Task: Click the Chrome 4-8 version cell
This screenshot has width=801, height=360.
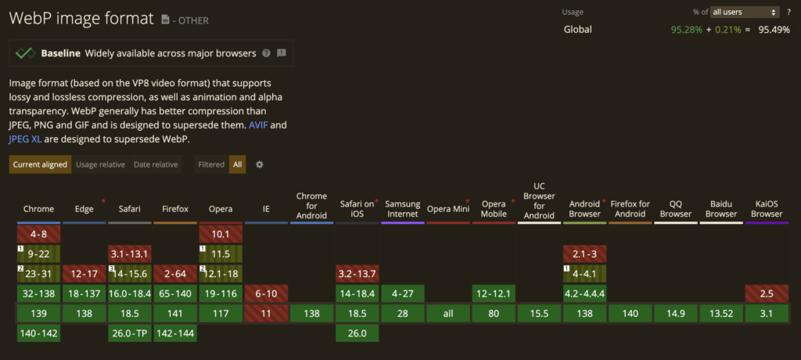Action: [x=38, y=234]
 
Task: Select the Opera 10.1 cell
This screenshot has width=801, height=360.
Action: [x=220, y=234]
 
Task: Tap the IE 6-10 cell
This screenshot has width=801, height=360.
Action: [x=265, y=293]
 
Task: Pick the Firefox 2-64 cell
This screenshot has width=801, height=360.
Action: [x=174, y=274]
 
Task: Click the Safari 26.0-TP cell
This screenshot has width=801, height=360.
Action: [x=129, y=333]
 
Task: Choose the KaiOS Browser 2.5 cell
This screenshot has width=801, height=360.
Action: [x=767, y=293]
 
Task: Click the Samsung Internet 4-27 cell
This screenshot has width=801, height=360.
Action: [x=402, y=293]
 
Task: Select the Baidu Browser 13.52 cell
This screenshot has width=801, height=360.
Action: [x=721, y=314]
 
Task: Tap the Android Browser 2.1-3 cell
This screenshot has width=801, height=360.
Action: [x=584, y=254]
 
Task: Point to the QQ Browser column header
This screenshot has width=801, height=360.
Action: [x=676, y=209]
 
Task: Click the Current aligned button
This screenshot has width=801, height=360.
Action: [x=40, y=164]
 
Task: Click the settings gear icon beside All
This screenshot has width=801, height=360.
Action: [x=260, y=164]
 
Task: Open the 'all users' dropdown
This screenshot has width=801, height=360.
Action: [x=745, y=12]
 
